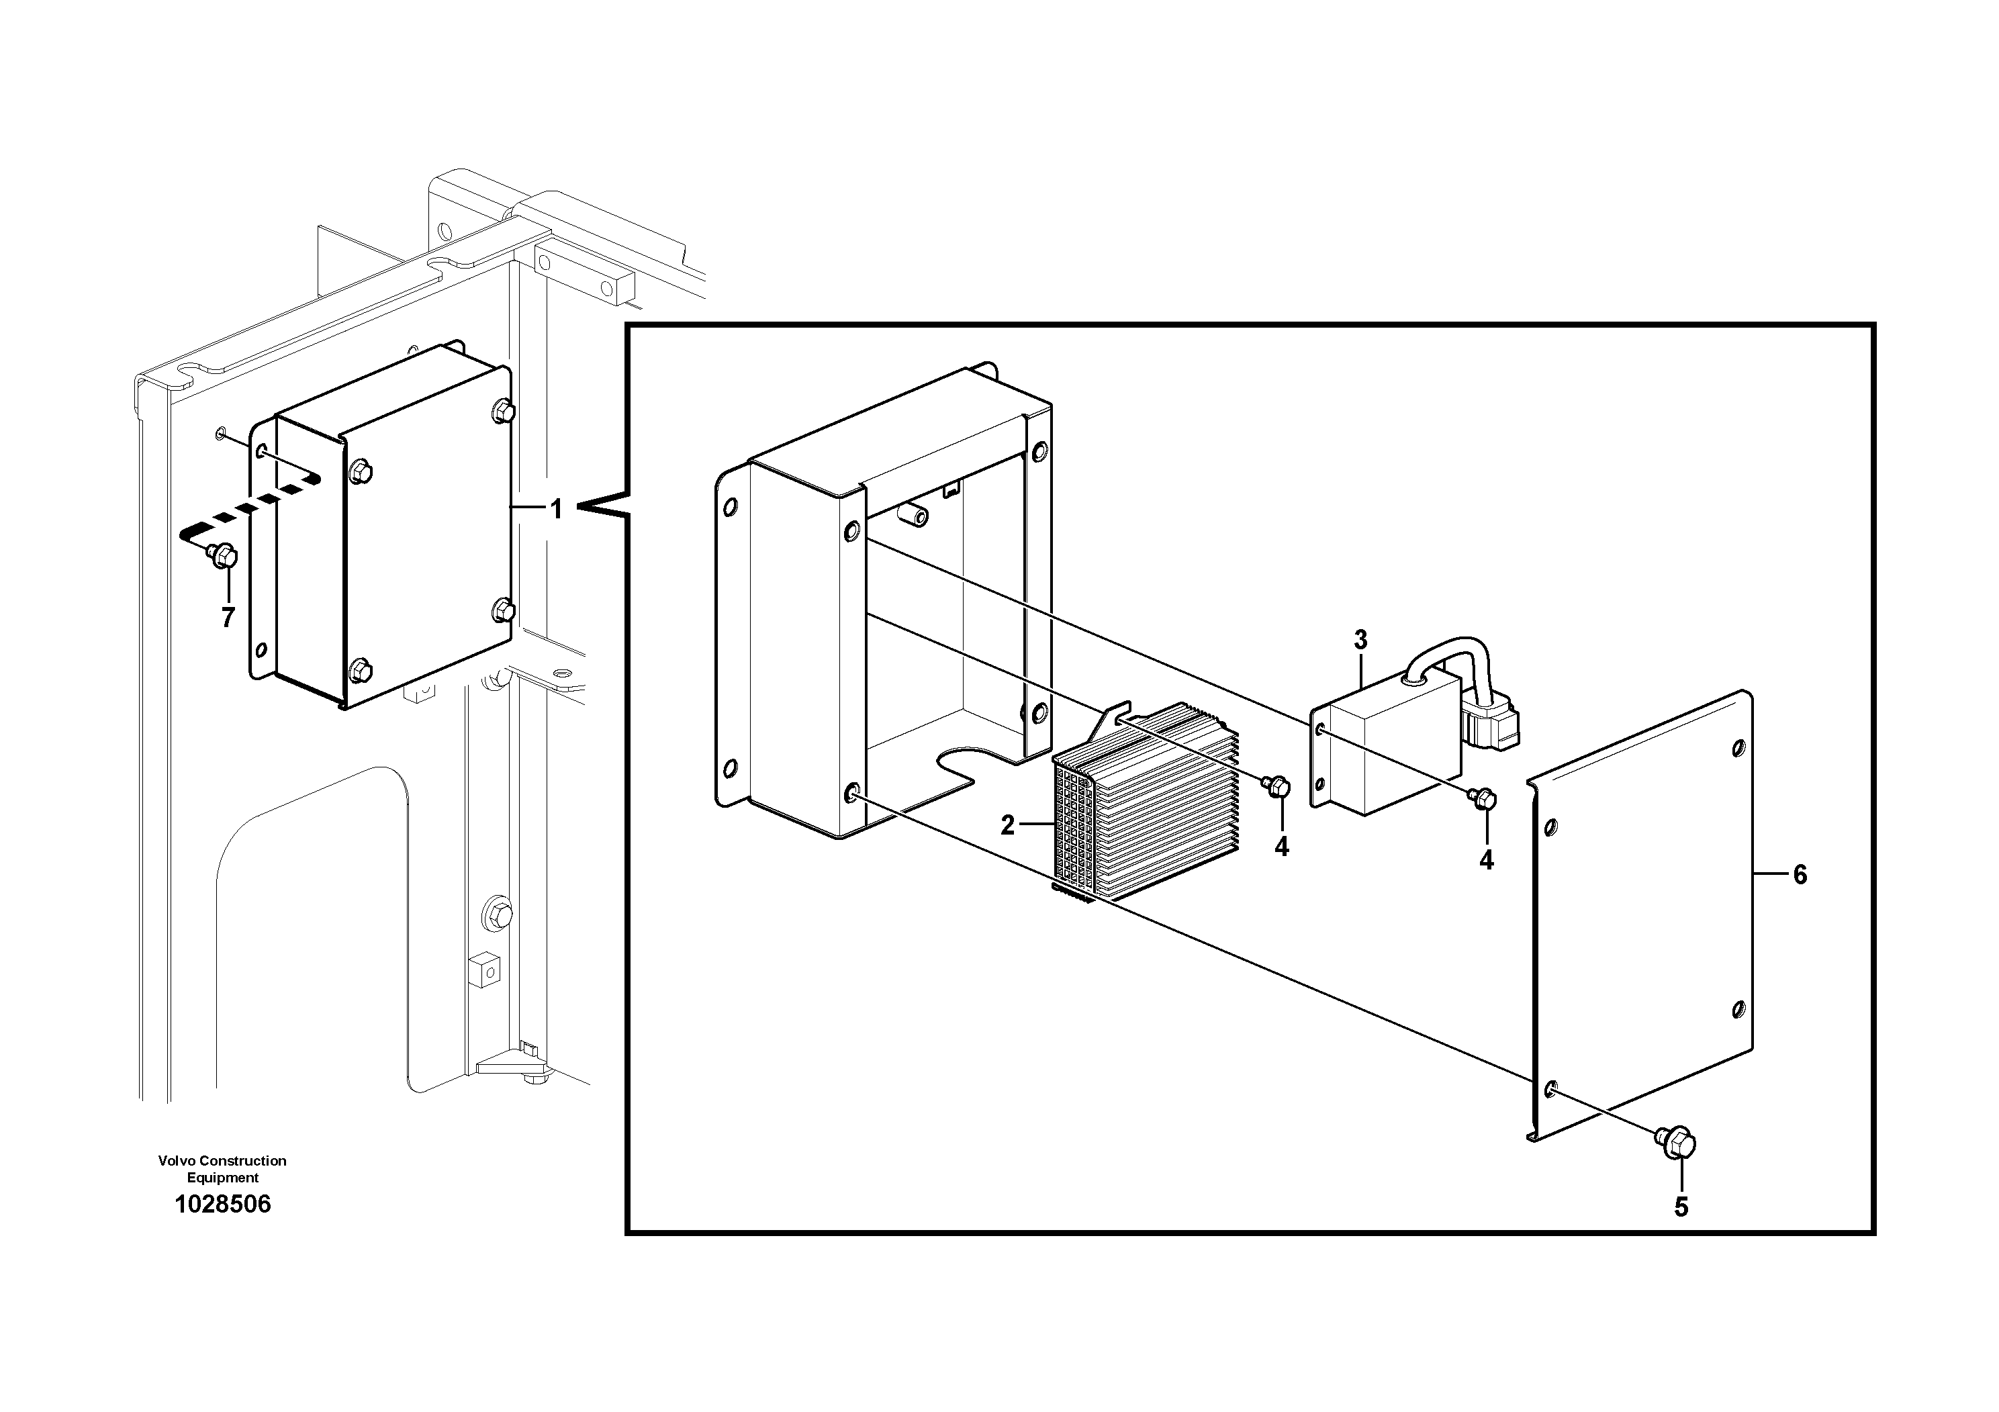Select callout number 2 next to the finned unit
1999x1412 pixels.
coord(1007,825)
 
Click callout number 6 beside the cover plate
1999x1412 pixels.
coord(1800,875)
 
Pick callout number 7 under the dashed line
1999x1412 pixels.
coord(227,618)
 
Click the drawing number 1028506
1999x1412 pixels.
coord(223,1204)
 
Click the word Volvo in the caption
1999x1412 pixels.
coord(176,1160)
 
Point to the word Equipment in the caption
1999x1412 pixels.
coord(223,1178)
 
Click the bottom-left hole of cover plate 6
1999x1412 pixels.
coord(1550,1089)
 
